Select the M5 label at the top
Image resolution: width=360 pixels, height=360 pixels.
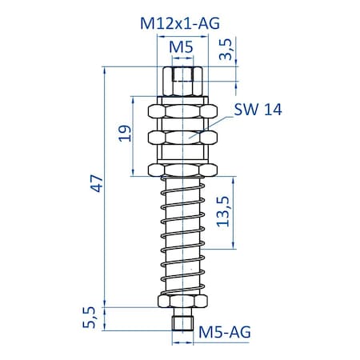tap(183, 49)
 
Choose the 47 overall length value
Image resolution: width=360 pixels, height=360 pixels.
tap(97, 186)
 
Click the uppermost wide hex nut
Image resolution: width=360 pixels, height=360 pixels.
tap(183, 110)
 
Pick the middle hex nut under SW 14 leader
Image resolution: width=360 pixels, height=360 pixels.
tap(183, 138)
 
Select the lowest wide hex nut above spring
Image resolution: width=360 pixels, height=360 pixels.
tap(183, 170)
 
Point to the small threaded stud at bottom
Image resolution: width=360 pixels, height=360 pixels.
tap(183, 322)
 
